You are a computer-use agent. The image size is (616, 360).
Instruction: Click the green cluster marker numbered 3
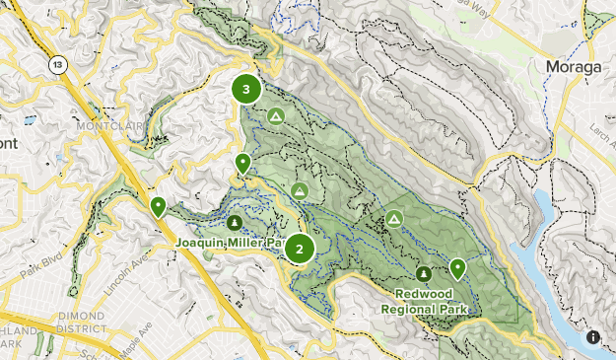(246, 90)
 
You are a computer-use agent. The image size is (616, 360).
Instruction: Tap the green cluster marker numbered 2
(300, 249)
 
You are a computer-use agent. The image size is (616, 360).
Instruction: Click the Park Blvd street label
(40, 269)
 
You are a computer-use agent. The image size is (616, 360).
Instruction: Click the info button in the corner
(593, 337)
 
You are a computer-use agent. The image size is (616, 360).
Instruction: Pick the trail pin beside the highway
(158, 206)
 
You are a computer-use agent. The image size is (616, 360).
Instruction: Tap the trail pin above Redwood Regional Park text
(457, 267)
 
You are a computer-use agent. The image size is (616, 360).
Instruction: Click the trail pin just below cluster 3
(242, 164)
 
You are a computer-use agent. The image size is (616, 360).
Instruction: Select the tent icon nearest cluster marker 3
(276, 116)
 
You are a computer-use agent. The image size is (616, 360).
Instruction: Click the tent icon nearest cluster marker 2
(300, 189)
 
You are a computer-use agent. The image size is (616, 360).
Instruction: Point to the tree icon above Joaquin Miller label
(235, 221)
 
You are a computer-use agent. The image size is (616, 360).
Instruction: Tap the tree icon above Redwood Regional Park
(423, 273)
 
